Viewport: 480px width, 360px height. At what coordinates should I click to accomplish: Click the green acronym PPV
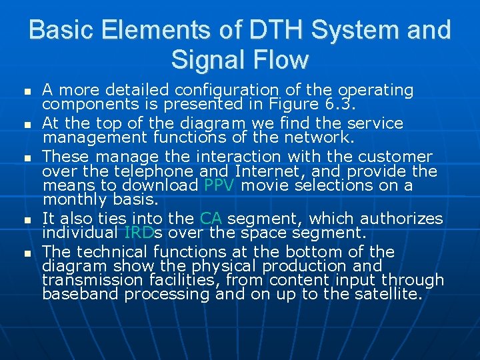[219, 185]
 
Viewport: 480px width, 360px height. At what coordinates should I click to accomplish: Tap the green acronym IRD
[139, 233]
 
